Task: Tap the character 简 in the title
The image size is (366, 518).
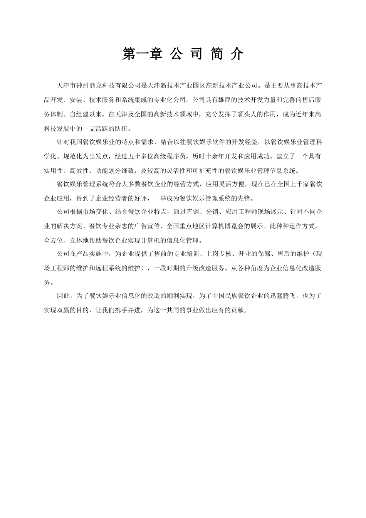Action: [216, 54]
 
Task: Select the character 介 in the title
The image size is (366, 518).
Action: [237, 54]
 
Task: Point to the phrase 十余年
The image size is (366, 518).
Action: [223, 157]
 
